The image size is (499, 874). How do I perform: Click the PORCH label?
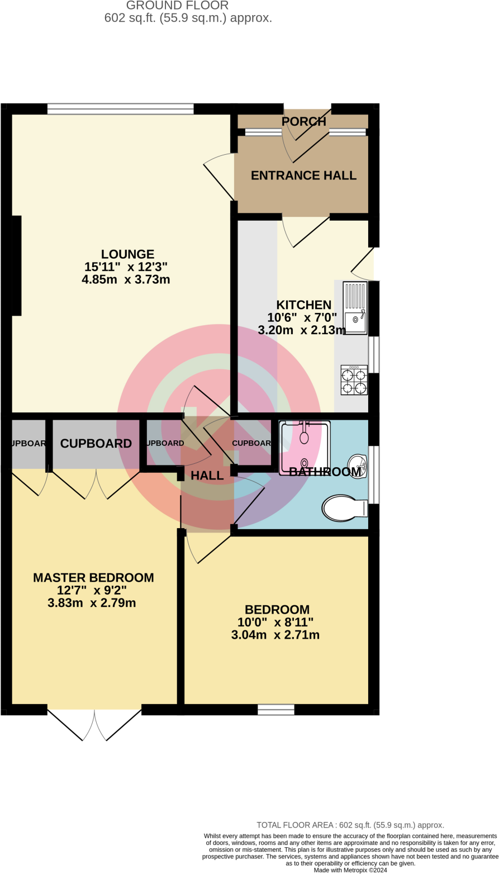click(x=303, y=121)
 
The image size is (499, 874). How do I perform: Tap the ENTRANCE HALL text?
click(x=303, y=175)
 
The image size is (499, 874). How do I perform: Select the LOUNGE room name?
click(x=127, y=254)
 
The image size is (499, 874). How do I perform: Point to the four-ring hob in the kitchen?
click(x=354, y=380)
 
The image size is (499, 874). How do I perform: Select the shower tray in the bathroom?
click(x=305, y=448)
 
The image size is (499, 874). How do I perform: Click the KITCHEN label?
click(x=304, y=305)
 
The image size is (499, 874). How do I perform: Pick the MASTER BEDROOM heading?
click(x=93, y=578)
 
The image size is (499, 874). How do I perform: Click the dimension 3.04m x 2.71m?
click(x=275, y=635)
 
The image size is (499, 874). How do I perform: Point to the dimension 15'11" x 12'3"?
click(x=126, y=267)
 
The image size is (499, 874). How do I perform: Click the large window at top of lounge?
click(x=120, y=109)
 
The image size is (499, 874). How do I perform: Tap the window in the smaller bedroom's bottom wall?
click(x=275, y=710)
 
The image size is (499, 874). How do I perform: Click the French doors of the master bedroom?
click(x=94, y=725)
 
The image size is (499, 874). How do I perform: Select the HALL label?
click(x=207, y=476)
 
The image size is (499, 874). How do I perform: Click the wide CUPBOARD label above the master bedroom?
click(x=96, y=444)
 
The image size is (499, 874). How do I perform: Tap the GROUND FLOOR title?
click(x=177, y=6)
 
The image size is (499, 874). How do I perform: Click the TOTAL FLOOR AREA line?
click(x=350, y=825)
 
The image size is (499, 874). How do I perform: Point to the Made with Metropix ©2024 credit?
click(x=350, y=870)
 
